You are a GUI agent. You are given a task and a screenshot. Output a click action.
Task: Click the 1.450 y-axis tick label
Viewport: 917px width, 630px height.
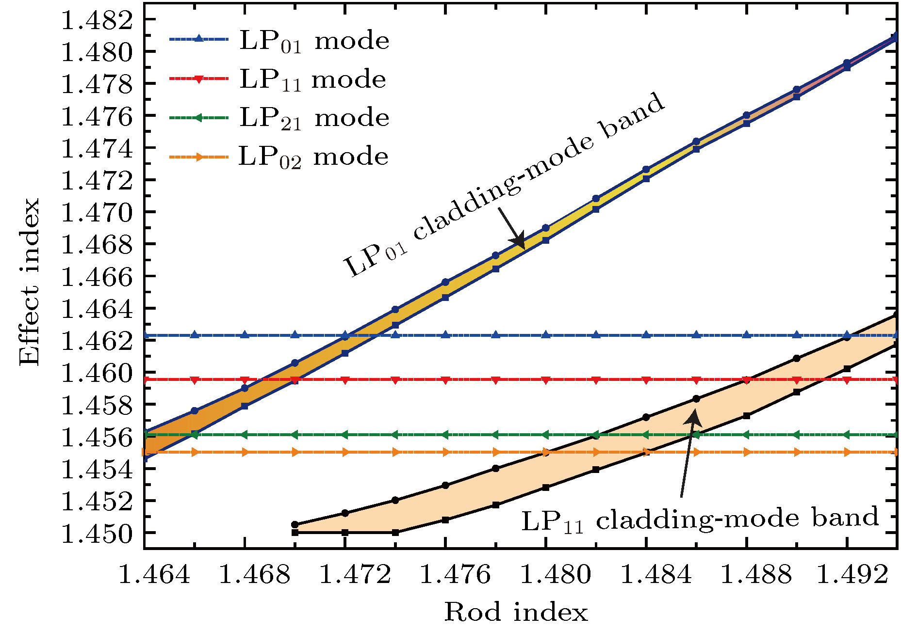coord(97,534)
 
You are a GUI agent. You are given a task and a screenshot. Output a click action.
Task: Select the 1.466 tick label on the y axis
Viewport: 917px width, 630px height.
coord(97,277)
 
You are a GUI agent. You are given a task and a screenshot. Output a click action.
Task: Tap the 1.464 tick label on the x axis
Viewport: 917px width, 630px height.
coord(154,575)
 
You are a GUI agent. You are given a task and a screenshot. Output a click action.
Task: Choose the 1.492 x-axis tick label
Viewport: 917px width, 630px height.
coord(853,575)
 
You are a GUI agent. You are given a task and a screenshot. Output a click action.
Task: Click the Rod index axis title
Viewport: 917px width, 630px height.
coord(516,612)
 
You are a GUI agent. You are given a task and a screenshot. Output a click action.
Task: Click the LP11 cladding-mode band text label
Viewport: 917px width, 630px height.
coord(700,520)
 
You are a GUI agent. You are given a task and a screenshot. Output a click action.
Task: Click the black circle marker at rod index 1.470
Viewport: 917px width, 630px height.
coord(295,524)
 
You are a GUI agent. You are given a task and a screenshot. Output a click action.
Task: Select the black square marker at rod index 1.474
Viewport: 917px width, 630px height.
coord(395,532)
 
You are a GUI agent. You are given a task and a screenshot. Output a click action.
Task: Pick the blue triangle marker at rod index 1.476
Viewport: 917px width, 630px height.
coord(445,335)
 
